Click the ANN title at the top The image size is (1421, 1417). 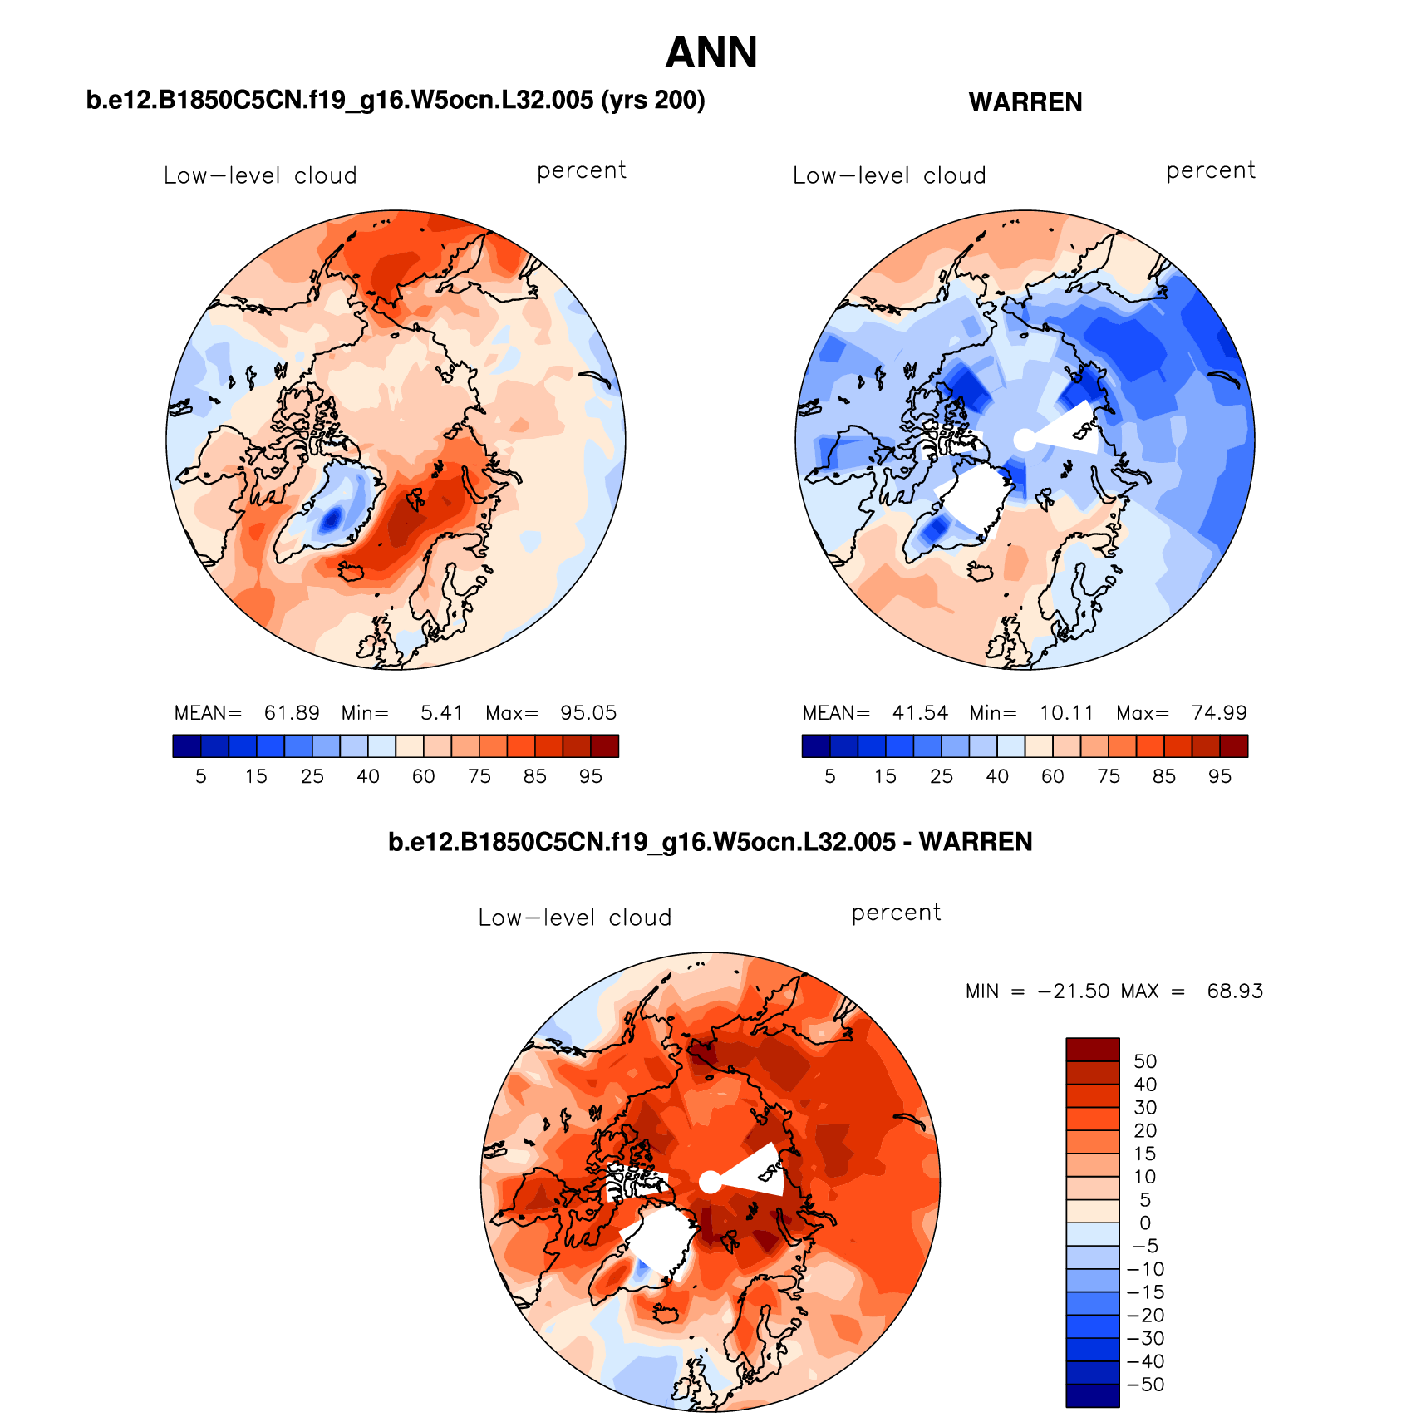(x=711, y=53)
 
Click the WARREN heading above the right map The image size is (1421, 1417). (x=1025, y=102)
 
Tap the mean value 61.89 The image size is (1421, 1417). (x=292, y=713)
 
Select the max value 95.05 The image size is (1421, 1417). (x=588, y=713)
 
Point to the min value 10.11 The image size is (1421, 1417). (x=1067, y=713)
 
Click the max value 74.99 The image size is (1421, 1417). (x=1219, y=713)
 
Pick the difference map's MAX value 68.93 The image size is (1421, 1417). (x=1235, y=991)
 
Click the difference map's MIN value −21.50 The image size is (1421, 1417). (x=1073, y=991)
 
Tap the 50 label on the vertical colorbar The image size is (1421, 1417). (x=1145, y=1061)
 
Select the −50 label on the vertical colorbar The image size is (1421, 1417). (x=1146, y=1385)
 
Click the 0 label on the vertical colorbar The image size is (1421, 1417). (x=1145, y=1223)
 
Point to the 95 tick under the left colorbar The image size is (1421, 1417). (x=591, y=776)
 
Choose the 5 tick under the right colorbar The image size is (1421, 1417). (x=829, y=776)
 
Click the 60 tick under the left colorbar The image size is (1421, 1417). (x=424, y=776)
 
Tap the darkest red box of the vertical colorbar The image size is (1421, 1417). (x=1093, y=1050)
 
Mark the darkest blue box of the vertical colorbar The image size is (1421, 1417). (x=1093, y=1395)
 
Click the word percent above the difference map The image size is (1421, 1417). (x=896, y=913)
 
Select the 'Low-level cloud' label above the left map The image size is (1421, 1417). (x=260, y=176)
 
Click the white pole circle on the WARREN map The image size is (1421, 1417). (x=1025, y=440)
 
